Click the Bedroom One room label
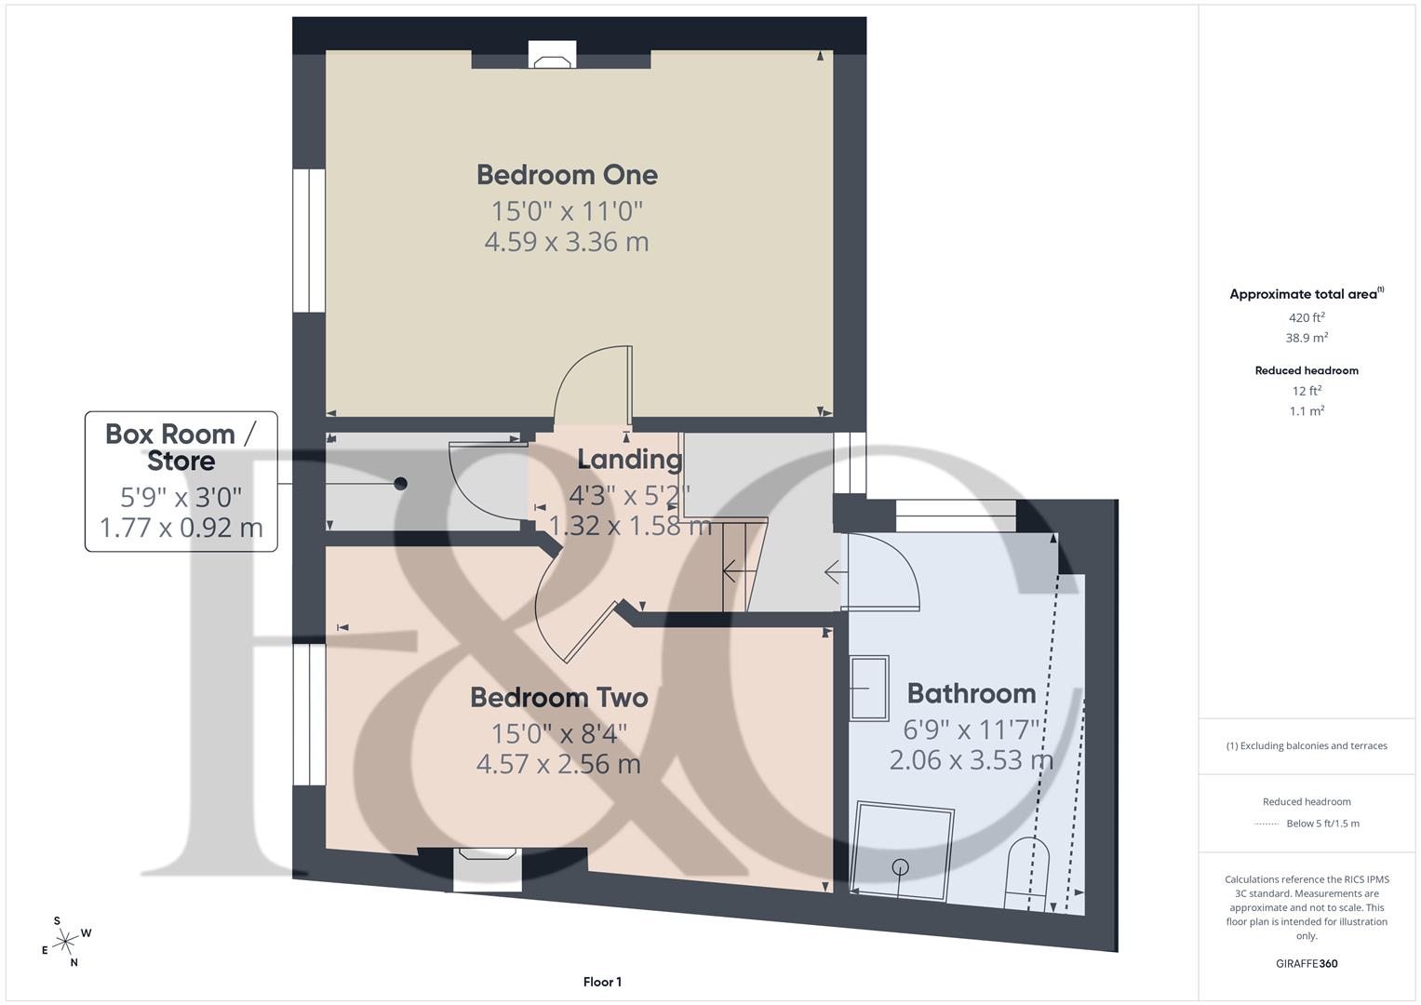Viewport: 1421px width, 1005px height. tap(567, 175)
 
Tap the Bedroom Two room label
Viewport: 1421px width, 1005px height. tap(558, 698)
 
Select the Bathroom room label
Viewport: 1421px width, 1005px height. tap(971, 694)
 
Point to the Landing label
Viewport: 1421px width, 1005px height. tap(629, 460)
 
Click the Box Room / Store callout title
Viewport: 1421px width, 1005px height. tap(181, 448)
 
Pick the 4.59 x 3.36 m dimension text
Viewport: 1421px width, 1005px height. tap(567, 242)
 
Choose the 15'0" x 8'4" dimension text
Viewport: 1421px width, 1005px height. tap(558, 733)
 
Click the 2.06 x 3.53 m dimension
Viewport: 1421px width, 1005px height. tap(971, 760)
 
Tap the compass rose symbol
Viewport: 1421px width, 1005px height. tap(65, 942)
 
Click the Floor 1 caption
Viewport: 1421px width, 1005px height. tap(602, 982)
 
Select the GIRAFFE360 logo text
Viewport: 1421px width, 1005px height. tap(1307, 963)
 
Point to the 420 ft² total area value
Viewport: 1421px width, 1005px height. tap(1307, 317)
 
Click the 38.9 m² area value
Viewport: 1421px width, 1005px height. tap(1307, 338)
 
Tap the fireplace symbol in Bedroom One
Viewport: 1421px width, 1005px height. tap(553, 58)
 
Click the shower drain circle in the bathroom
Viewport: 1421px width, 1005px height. tap(900, 867)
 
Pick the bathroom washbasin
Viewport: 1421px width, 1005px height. tap(869, 688)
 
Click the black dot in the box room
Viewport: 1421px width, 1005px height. tap(400, 484)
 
